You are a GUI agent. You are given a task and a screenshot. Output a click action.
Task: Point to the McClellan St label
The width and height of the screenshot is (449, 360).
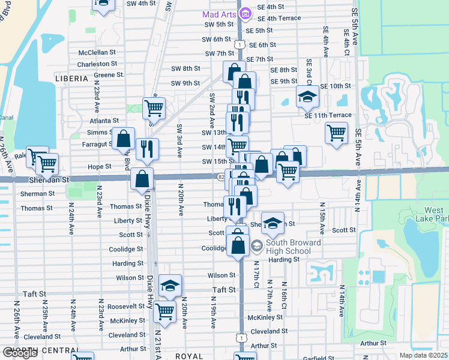(x=97, y=52)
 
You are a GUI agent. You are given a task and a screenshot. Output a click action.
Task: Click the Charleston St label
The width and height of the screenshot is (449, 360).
(x=97, y=64)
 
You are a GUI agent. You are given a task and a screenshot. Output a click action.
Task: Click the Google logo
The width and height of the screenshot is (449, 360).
(x=20, y=353)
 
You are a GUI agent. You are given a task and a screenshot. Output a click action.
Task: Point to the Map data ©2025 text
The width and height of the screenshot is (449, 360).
(x=424, y=355)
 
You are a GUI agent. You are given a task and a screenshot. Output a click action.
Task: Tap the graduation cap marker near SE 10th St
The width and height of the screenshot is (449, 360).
(x=307, y=96)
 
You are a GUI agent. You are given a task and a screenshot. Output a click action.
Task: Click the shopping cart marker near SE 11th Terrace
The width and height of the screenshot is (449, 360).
(x=336, y=132)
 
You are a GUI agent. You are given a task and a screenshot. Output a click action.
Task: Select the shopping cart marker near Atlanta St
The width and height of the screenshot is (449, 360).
(x=154, y=108)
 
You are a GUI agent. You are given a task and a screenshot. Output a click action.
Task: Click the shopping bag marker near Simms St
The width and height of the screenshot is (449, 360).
(x=123, y=139)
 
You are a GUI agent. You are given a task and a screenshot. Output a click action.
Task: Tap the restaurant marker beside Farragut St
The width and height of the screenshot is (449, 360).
(x=147, y=149)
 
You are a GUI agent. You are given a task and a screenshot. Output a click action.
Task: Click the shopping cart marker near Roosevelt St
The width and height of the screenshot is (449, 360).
(x=164, y=311)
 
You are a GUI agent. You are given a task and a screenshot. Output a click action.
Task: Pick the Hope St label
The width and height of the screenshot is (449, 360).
(x=100, y=166)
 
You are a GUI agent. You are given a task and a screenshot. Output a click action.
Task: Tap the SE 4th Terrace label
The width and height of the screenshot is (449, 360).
(x=279, y=18)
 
